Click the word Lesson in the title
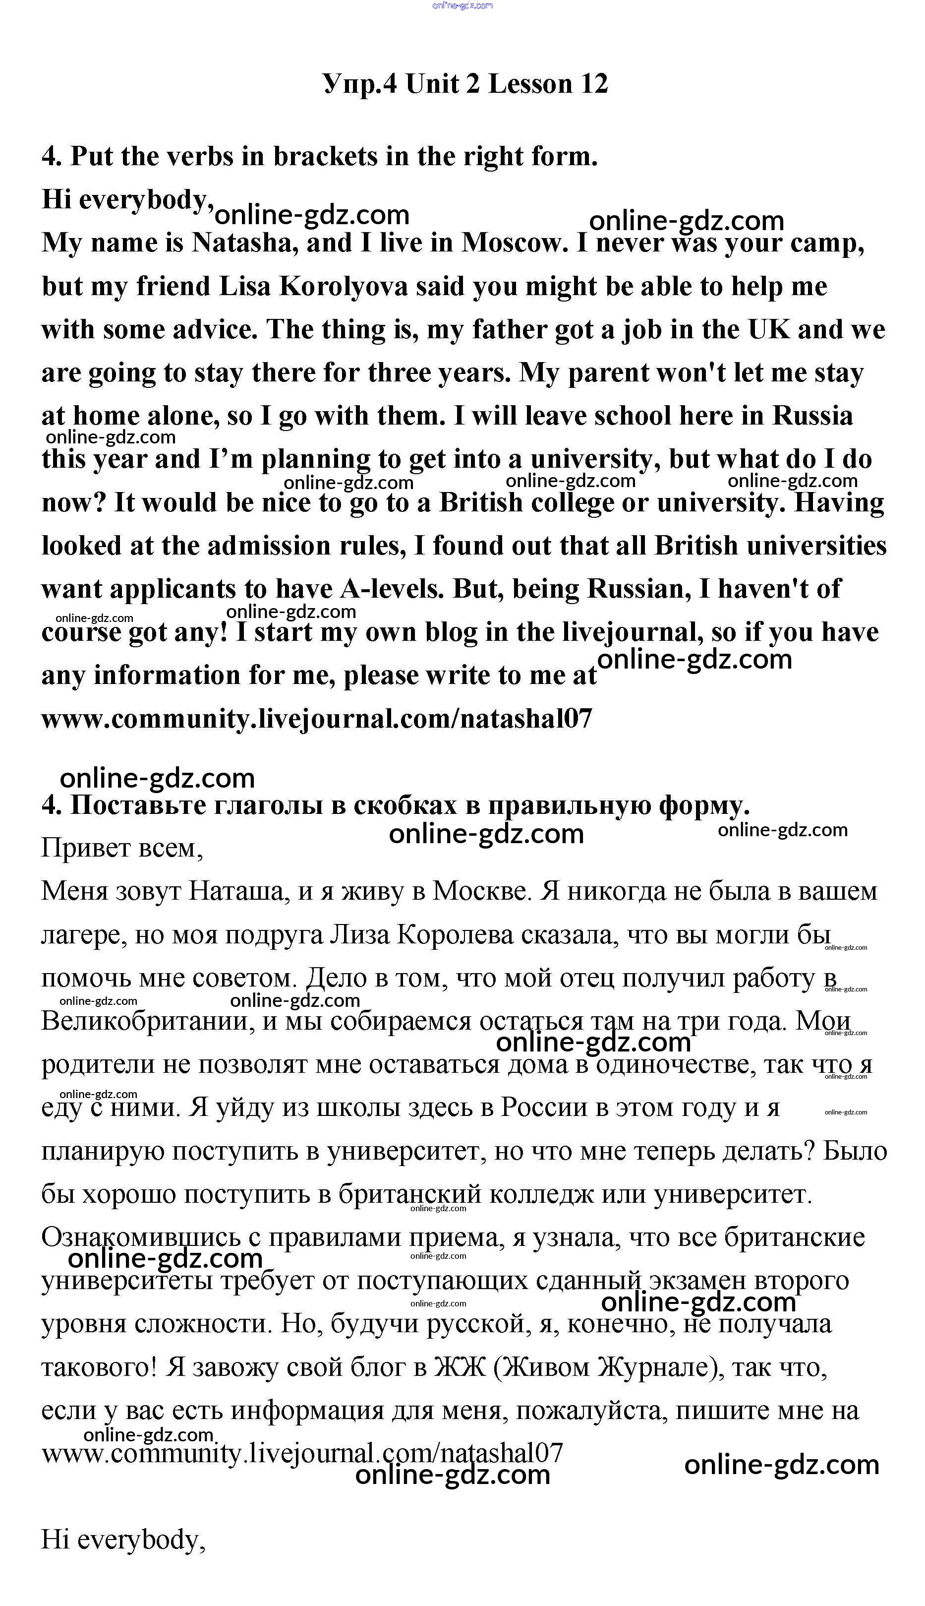[530, 84]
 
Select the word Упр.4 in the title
[359, 84]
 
